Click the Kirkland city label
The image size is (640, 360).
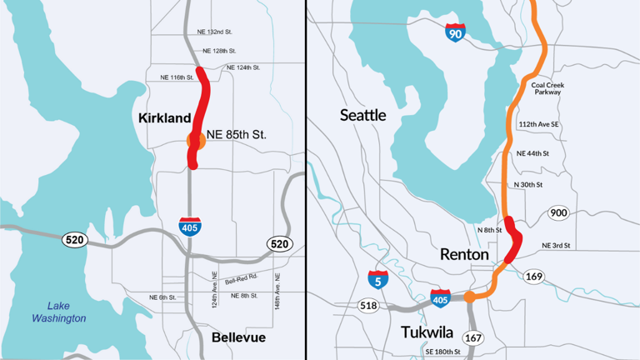pos(164,120)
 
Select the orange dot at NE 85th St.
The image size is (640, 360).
pos(197,140)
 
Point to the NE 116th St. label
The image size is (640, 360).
pos(177,77)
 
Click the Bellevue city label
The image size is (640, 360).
pos(238,337)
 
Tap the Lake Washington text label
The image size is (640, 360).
pos(58,312)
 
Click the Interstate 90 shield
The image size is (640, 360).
pos(455,32)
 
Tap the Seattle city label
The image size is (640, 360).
pos(362,115)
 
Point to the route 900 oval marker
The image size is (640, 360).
pos(559,214)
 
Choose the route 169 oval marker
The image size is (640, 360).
pos(534,276)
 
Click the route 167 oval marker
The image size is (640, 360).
pos(473,338)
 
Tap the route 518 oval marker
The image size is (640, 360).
pos(367,306)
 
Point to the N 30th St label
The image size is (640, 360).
pos(527,184)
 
